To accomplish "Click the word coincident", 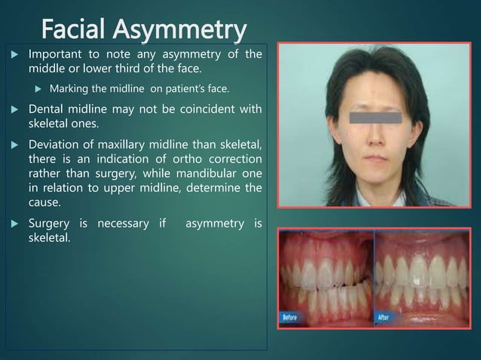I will (x=194, y=110).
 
